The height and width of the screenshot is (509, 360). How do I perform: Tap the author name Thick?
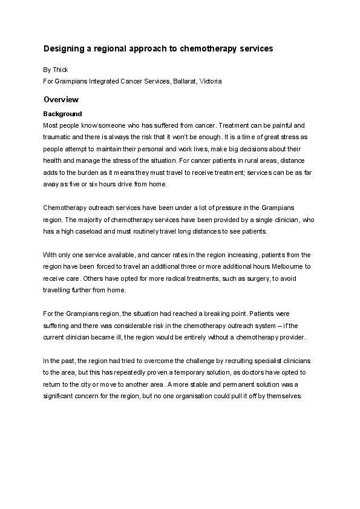(61, 70)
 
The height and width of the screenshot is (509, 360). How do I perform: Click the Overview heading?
(61, 99)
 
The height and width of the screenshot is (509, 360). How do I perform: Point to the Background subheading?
(62, 114)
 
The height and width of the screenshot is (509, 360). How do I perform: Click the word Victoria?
(211, 80)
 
